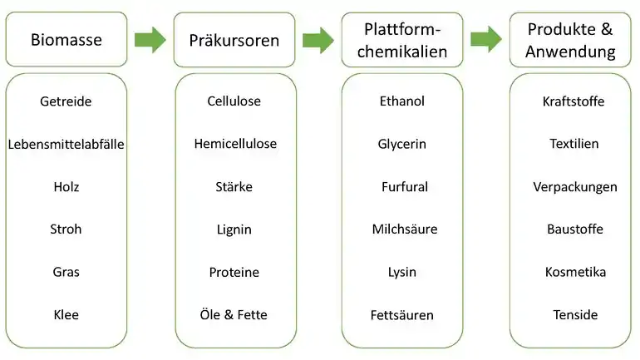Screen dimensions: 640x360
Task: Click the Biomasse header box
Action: [66, 39]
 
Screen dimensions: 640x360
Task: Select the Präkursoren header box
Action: [234, 40]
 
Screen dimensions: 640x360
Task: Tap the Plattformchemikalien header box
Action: [402, 40]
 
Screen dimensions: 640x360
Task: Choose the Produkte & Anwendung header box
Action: [570, 40]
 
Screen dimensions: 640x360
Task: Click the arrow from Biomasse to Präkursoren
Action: [150, 40]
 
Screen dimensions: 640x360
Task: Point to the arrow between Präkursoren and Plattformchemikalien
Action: [318, 40]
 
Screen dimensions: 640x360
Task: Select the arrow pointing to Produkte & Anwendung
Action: [486, 40]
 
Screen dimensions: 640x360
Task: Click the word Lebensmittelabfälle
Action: [66, 144]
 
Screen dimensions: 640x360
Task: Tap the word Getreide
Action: [66, 101]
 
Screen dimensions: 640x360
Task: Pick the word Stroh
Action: [66, 229]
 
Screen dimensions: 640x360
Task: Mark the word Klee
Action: [66, 315]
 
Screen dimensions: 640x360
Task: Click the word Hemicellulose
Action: [235, 144]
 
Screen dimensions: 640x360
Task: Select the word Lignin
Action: [234, 229]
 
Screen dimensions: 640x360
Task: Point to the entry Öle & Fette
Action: [234, 315]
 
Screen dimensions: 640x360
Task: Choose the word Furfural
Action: [405, 186]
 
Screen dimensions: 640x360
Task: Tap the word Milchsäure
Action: [405, 229]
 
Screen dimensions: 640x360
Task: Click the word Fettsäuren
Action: [402, 315]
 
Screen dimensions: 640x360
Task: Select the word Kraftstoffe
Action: [574, 101]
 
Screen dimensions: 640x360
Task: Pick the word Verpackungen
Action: [575, 187]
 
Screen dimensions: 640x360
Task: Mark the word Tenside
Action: [575, 315]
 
